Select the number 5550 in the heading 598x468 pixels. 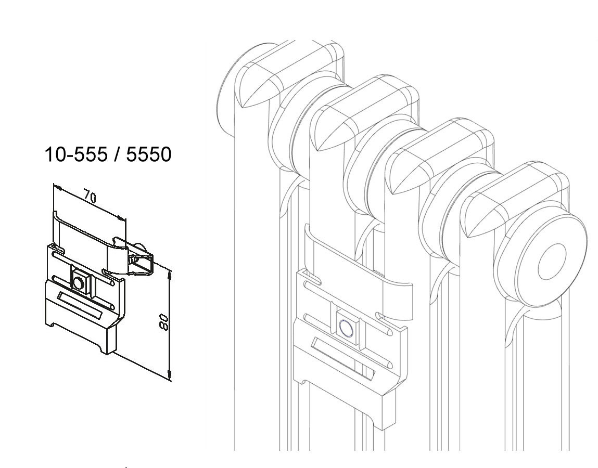(149, 154)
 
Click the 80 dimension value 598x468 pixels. (164, 322)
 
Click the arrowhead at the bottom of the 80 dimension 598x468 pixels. (170, 375)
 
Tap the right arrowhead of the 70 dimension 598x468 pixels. (121, 218)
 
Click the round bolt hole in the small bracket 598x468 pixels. (79, 283)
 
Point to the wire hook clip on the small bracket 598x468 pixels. (141, 263)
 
